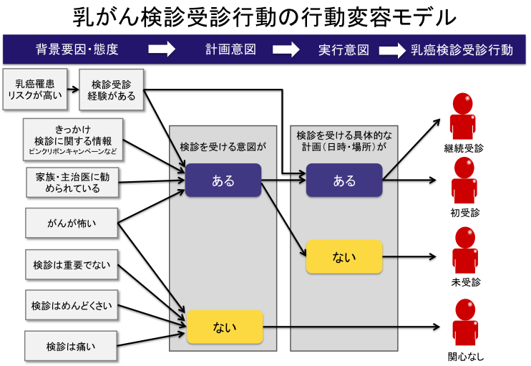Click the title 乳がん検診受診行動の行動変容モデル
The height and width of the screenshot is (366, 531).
tap(265, 16)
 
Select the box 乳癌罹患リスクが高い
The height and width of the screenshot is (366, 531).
tap(34, 89)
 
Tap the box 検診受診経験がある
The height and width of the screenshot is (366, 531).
tap(112, 89)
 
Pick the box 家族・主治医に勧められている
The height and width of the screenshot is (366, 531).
tap(72, 183)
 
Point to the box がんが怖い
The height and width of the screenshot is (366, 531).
tap(72, 223)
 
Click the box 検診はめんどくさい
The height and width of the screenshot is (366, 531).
tap(72, 306)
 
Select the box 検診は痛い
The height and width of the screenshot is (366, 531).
tap(72, 347)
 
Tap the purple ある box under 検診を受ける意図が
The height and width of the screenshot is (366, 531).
tap(223, 180)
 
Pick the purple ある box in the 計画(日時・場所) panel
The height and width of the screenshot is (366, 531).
tap(344, 180)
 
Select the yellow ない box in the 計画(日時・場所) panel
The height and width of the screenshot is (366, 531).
tap(344, 256)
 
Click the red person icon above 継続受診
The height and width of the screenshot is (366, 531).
tap(464, 117)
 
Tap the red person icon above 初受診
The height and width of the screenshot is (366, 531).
tap(464, 180)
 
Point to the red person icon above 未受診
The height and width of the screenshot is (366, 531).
tap(464, 251)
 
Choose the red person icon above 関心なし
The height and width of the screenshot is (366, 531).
tap(464, 324)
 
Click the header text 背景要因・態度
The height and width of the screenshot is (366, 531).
tap(77, 50)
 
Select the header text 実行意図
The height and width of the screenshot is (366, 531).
tap(344, 50)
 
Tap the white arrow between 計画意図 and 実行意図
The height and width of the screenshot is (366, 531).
tap(286, 50)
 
